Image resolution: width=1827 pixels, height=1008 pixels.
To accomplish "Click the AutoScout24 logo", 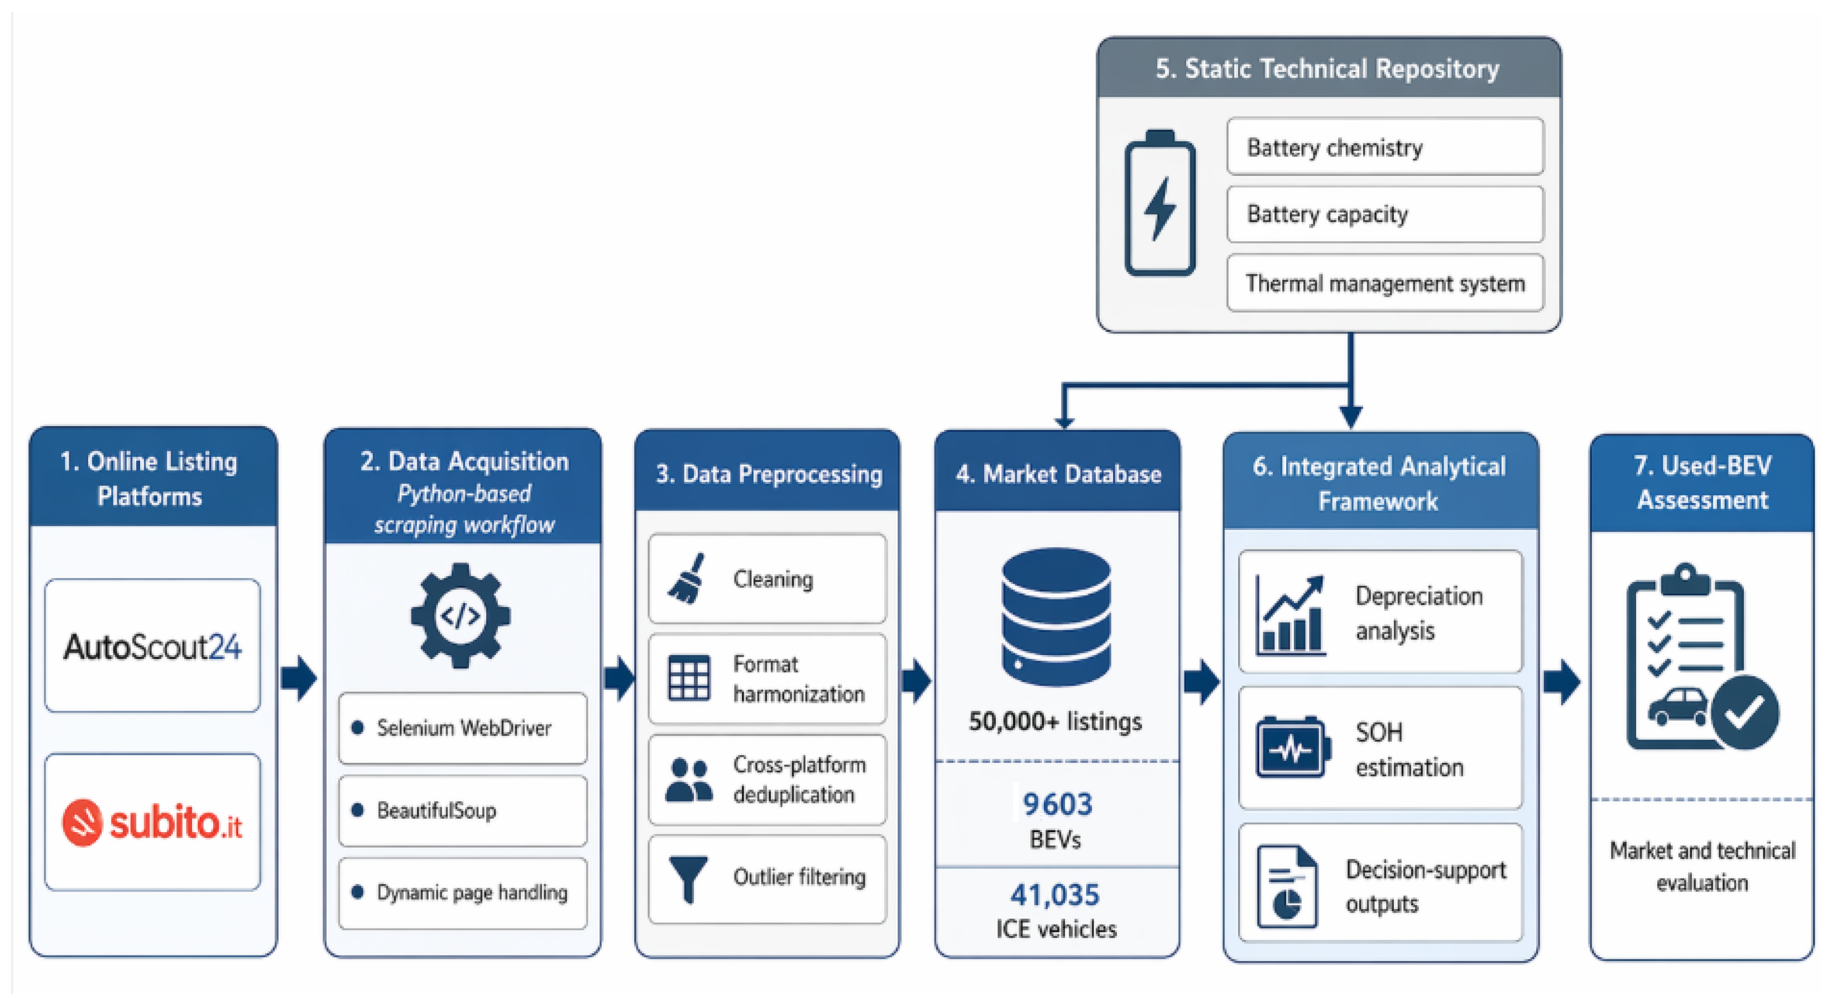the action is [152, 646].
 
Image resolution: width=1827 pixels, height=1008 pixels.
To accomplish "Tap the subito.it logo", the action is [152, 822].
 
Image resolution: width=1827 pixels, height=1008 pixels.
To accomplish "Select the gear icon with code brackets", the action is [461, 615].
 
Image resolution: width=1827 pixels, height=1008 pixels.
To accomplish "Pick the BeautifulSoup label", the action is [436, 810].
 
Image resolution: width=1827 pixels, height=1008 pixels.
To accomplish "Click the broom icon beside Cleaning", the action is [687, 579].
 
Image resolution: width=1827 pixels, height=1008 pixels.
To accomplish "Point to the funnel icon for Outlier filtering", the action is [688, 879].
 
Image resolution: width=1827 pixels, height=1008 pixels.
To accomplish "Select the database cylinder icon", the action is [1056, 617].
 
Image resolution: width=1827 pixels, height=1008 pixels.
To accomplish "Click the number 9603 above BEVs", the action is [1057, 804].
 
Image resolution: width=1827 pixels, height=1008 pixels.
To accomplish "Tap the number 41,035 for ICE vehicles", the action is [1056, 895].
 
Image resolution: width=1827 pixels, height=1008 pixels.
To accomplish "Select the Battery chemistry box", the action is [1385, 147].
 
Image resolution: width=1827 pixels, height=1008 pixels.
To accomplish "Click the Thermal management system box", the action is [1385, 283].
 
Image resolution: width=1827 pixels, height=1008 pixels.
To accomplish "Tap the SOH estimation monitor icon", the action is [1290, 748].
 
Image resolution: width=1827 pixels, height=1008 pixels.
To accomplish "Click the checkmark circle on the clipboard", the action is [1744, 712].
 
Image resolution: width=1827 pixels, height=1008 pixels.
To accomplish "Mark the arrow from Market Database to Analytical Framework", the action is [1201, 682].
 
